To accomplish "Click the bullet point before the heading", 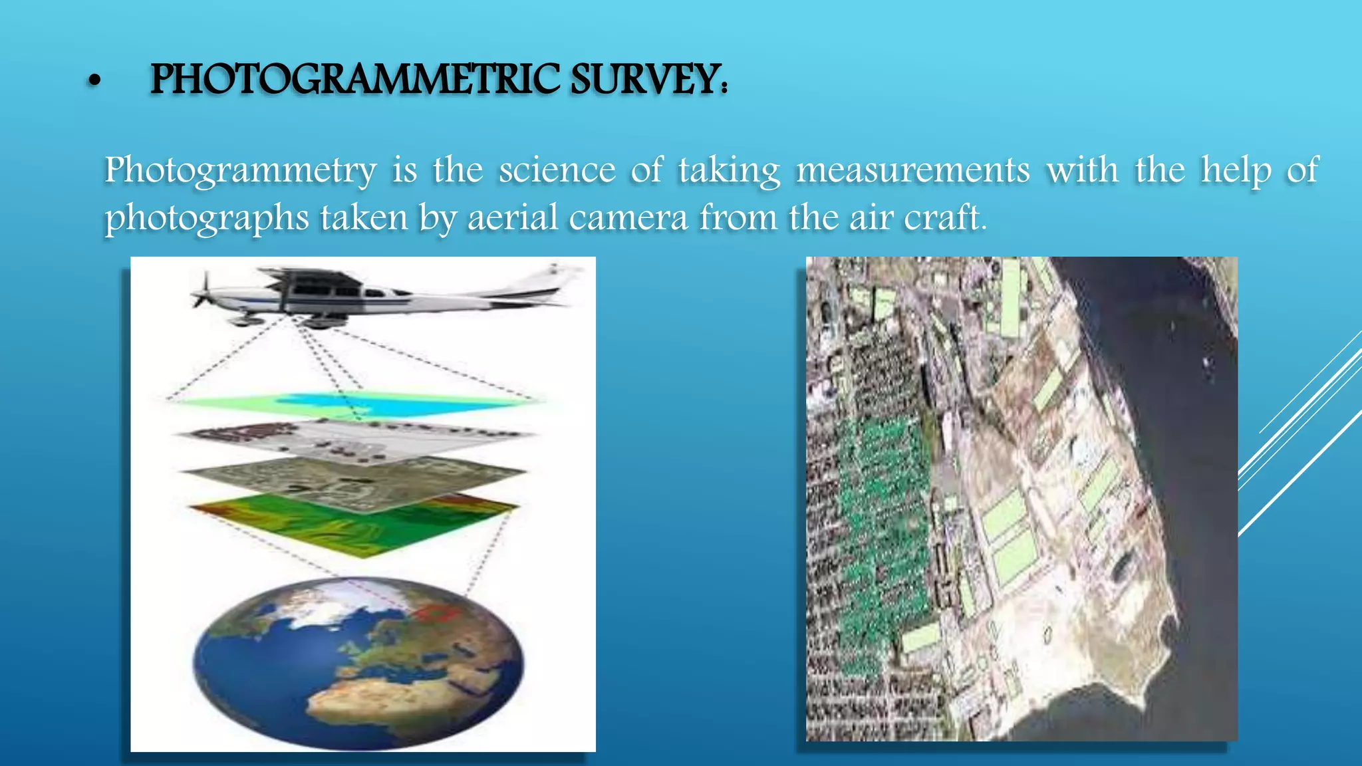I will tap(94, 81).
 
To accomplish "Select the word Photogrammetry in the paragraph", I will tap(241, 170).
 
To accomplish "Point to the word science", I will tap(557, 170).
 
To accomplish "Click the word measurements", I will tap(913, 170).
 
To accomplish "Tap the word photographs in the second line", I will tap(207, 218).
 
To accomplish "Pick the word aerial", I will tap(512, 218).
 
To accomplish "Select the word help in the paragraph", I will tap(1236, 170).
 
